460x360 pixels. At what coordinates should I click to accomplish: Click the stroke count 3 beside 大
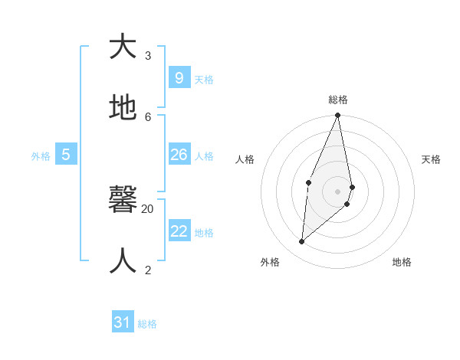click(x=148, y=55)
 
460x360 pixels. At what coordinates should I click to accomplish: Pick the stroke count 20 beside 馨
click(x=148, y=208)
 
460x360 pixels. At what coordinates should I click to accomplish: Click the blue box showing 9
click(x=179, y=77)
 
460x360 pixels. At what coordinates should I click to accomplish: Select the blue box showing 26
click(x=179, y=155)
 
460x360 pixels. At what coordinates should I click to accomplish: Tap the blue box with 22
click(x=179, y=231)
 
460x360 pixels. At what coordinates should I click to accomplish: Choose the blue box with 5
click(x=66, y=155)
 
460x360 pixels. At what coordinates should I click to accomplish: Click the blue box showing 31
click(x=123, y=322)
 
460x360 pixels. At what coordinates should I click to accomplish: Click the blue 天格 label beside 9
click(x=204, y=80)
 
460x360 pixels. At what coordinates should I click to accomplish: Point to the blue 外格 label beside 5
click(x=41, y=156)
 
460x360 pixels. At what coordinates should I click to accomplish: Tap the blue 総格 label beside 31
click(x=147, y=324)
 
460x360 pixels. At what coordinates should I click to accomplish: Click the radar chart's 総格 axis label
click(x=338, y=100)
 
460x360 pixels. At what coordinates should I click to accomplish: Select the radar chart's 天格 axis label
click(x=431, y=159)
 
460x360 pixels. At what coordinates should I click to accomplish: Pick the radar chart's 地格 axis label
click(x=402, y=262)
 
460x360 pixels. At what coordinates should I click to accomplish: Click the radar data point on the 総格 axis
click(x=338, y=116)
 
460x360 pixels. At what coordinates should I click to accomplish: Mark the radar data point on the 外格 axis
click(x=302, y=241)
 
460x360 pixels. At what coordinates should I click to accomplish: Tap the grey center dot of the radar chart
click(x=338, y=191)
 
